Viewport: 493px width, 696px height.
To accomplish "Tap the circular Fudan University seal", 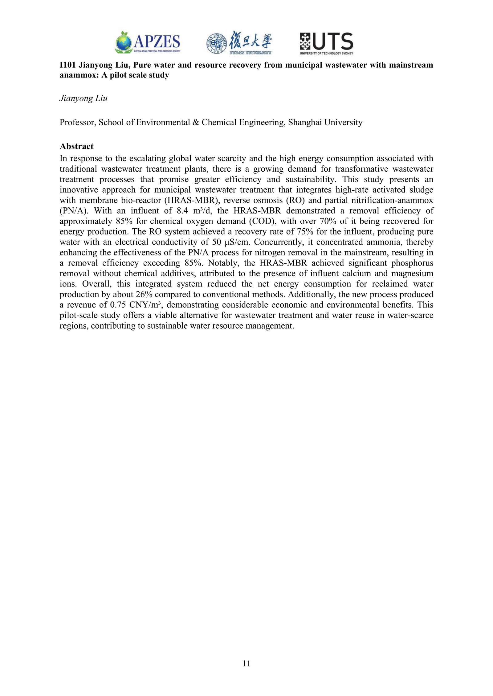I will [217, 43].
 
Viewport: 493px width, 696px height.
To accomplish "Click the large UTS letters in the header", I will [332, 41].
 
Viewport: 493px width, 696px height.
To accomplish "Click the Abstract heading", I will [76, 146].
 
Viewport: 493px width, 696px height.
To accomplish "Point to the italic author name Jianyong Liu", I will [83, 99].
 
